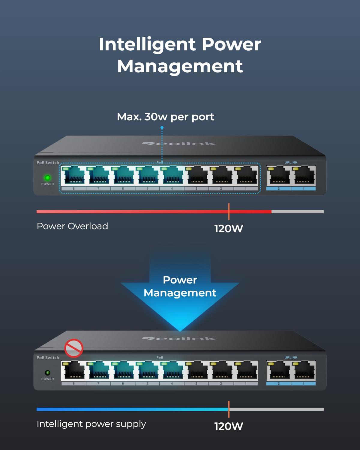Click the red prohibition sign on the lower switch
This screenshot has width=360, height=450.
(73, 348)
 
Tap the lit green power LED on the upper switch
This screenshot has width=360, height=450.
(47, 178)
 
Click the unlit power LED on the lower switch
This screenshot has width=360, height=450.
(47, 373)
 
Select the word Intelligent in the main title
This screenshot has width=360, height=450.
(147, 44)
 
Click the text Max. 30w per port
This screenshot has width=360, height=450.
(166, 117)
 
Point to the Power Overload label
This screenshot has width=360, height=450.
(72, 226)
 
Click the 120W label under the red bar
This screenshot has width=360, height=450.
(229, 229)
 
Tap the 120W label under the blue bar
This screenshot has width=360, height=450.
(229, 426)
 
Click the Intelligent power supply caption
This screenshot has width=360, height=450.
(91, 424)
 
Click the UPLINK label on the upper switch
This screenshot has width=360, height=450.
(291, 163)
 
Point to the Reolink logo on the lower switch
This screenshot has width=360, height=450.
(180, 339)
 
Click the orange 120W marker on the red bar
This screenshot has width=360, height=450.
(229, 211)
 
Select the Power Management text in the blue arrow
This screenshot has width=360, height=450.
(180, 286)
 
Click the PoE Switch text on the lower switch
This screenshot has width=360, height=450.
(48, 358)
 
